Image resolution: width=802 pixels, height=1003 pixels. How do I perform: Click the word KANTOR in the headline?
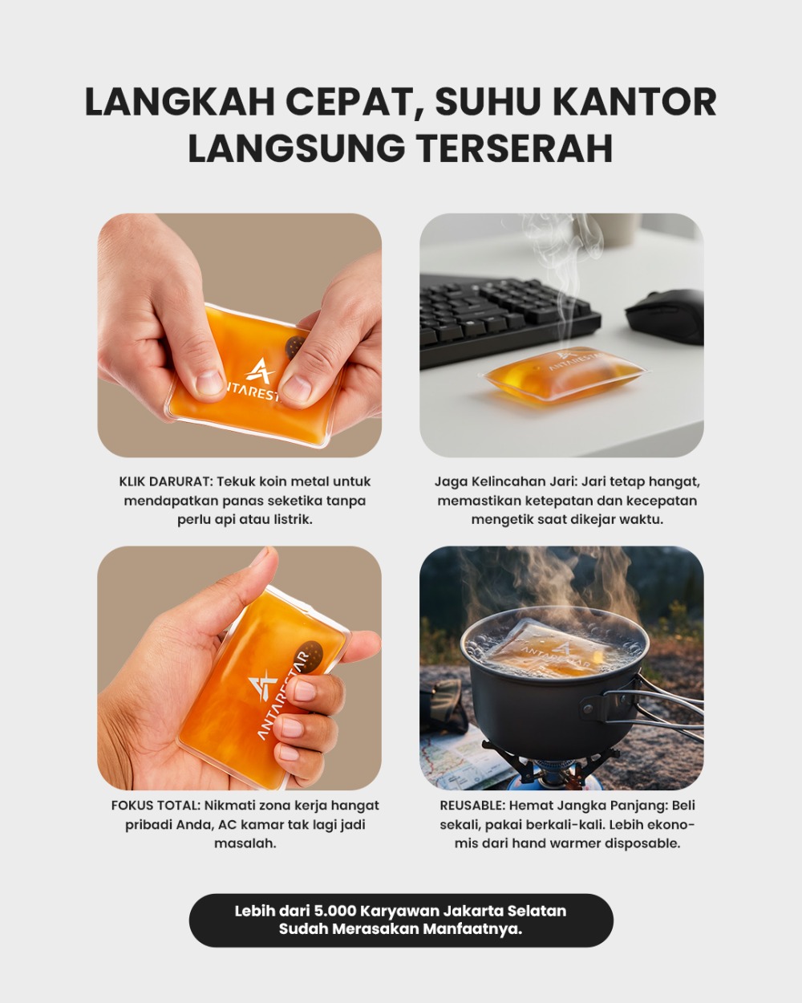634,102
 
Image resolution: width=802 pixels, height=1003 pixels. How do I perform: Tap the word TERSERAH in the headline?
514,148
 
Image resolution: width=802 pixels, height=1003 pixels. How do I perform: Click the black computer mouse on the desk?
666,316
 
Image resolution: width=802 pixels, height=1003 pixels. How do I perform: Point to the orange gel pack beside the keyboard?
563,377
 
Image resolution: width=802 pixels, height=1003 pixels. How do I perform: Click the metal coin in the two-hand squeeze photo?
294,347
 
